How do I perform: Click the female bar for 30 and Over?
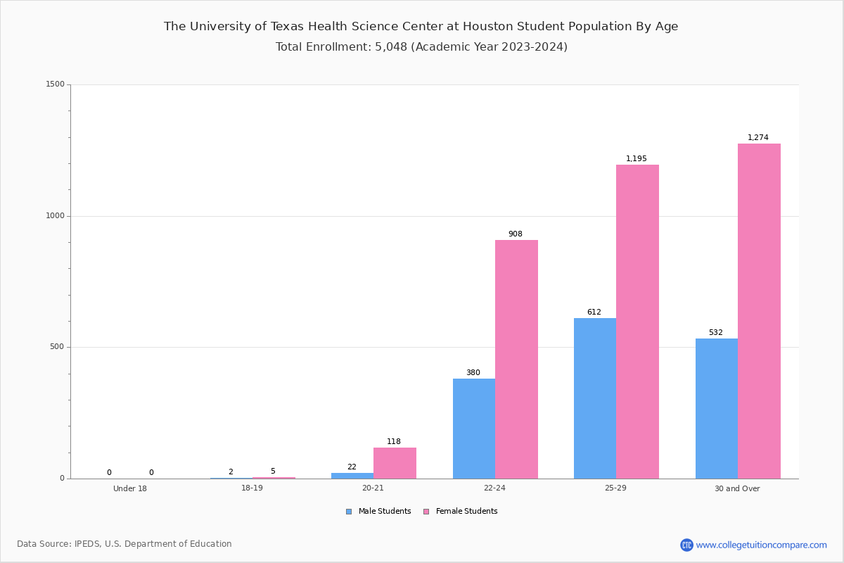pos(759,311)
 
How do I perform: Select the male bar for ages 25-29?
pos(595,398)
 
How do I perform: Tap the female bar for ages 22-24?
pos(516,359)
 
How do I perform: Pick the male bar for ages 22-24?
pos(474,429)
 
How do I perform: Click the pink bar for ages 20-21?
pos(395,463)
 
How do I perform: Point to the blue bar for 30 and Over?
pos(717,408)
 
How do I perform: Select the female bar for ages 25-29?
pos(637,322)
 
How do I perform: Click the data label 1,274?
pos(758,137)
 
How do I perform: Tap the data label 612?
pos(594,312)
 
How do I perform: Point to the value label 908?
pos(516,234)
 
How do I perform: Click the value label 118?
pos(394,441)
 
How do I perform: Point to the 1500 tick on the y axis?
pos(56,84)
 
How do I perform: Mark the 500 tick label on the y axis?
pos(58,347)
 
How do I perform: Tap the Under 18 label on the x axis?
pos(130,488)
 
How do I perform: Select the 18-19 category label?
pos(252,488)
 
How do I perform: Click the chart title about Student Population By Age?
pos(421,27)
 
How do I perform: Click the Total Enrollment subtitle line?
pos(421,47)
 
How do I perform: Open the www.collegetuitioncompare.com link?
pos(761,545)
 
